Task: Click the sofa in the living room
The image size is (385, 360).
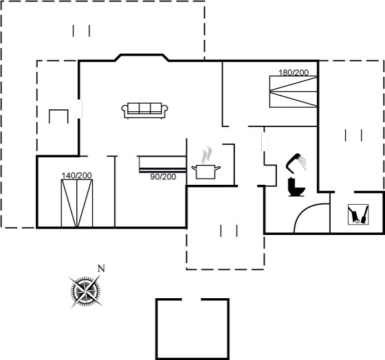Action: [144, 111]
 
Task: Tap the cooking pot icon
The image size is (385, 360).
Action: [206, 172]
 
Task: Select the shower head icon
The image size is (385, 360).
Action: [293, 161]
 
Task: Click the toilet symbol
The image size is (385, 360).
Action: [296, 187]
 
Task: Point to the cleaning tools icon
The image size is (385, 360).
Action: [358, 214]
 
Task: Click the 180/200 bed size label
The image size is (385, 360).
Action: [294, 73]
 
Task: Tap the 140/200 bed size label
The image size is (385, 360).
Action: [76, 176]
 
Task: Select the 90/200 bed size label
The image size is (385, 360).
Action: [163, 177]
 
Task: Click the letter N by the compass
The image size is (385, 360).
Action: [101, 269]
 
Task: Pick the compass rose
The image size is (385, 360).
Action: [85, 291]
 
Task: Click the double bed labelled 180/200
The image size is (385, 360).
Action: [294, 91]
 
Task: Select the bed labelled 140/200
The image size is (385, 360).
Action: [77, 203]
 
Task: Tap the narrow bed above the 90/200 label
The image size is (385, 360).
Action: [162, 164]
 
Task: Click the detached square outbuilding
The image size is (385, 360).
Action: [192, 329]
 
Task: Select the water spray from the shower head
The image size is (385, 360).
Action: [302, 162]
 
